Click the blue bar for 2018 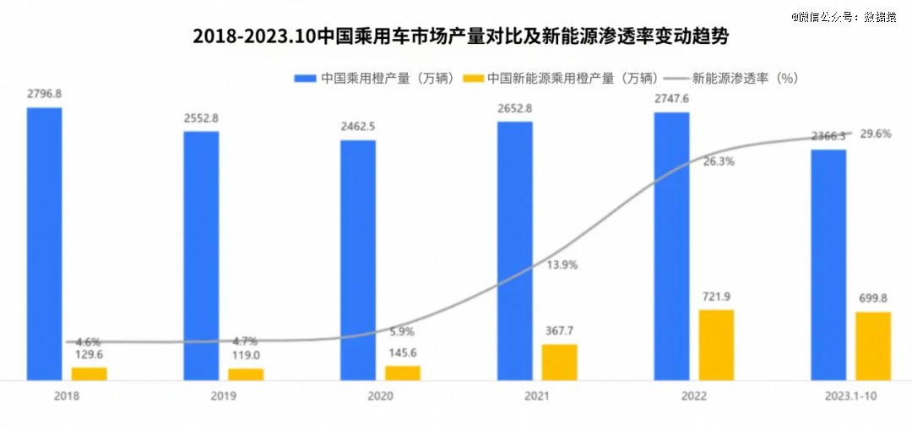click(44, 243)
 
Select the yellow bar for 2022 click(716, 345)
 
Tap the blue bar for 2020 click(358, 259)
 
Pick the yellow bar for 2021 click(559, 362)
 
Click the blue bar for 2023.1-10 click(828, 265)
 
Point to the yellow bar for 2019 click(246, 374)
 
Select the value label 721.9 click(716, 297)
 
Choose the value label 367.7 click(559, 331)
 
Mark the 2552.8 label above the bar click(201, 117)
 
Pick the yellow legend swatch click(474, 78)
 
